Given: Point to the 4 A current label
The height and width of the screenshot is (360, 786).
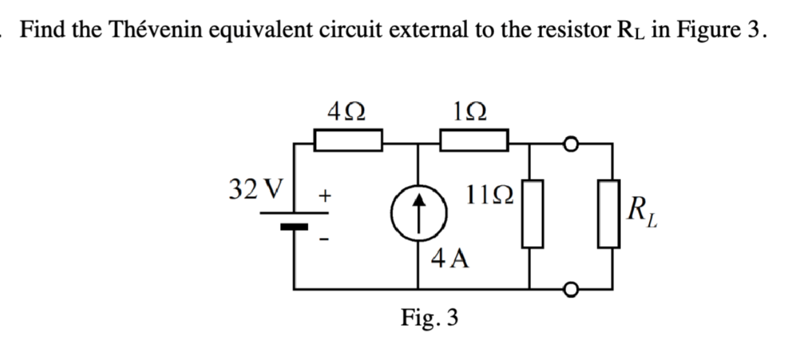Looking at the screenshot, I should pos(451,258).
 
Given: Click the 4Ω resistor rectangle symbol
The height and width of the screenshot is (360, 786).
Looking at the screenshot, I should pos(347,142).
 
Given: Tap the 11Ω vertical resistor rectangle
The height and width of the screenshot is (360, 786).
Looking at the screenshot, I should pos(531,214).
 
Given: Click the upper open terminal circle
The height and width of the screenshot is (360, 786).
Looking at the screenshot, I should pos(570,142).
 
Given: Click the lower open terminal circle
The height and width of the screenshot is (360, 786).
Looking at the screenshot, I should pos(570,289).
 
